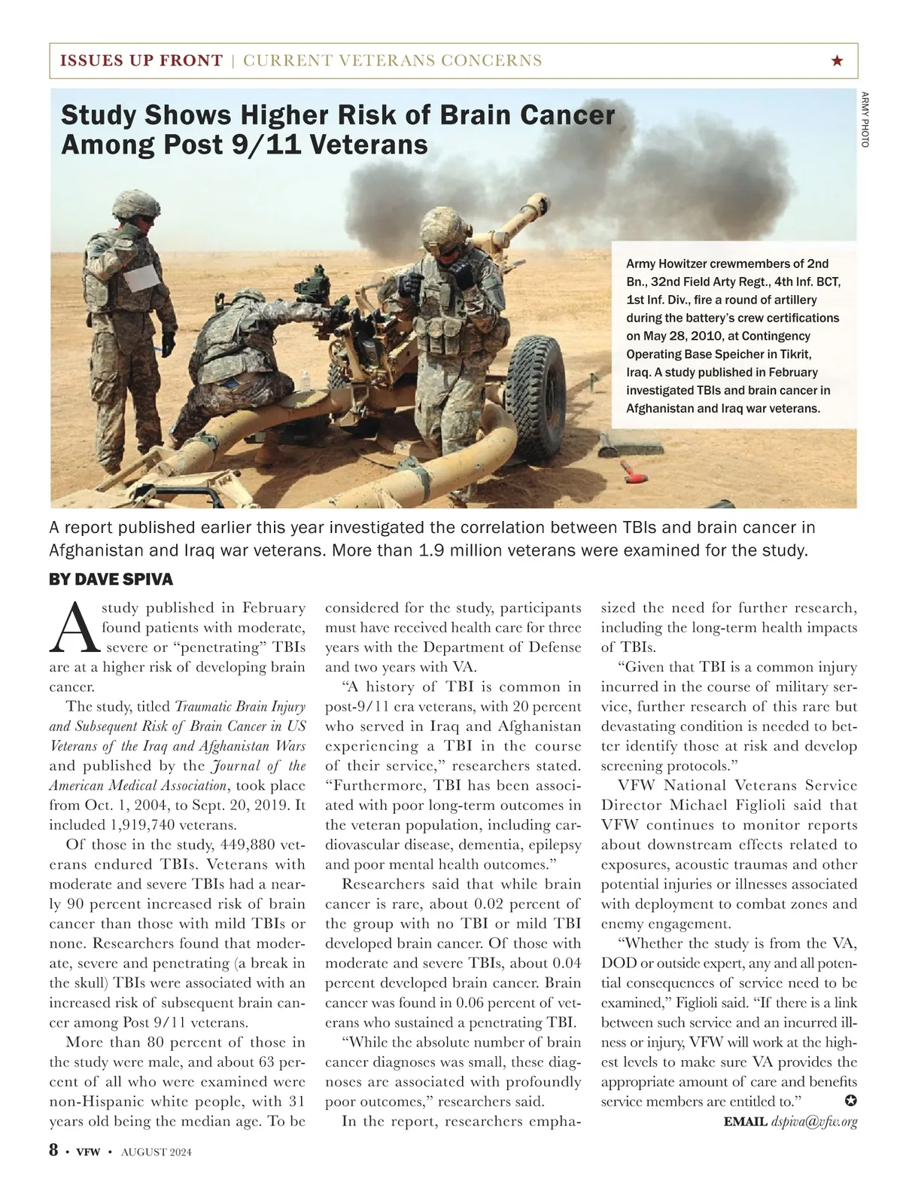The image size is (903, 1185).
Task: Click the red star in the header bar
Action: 838,61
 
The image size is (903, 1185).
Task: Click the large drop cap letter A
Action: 74,627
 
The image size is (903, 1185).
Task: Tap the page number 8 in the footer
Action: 54,1150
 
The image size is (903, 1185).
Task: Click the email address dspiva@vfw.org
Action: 814,1122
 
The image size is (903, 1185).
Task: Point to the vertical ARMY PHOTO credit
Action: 865,119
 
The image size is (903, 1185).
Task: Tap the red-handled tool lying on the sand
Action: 631,472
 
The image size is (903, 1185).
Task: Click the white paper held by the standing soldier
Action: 143,277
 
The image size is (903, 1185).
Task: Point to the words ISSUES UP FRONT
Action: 141,61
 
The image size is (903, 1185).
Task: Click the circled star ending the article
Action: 850,1101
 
